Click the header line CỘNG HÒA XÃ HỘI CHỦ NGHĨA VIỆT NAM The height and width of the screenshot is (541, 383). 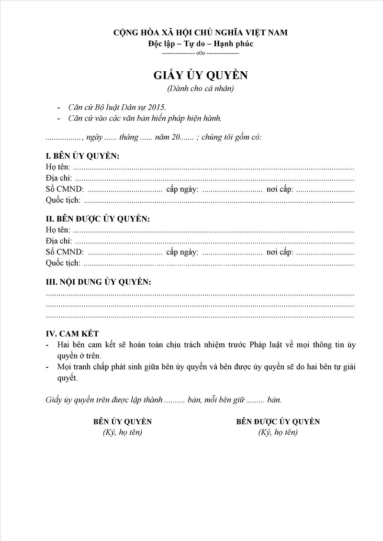pos(201,33)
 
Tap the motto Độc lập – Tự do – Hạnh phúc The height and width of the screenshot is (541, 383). pos(201,44)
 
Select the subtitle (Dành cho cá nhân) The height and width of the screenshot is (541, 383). pos(201,88)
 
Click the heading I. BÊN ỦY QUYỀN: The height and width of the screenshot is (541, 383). pos(82,156)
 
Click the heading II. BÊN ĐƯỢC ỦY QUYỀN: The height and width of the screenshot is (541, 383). pos(98,219)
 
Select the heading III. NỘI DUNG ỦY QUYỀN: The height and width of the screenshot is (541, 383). pos(98,282)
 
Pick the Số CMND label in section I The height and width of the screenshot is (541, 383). pos(65,189)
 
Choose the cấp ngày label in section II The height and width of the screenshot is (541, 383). pos(182,252)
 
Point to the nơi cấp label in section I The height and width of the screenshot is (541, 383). pos(280,189)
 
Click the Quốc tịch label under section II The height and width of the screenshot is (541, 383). pos(63,263)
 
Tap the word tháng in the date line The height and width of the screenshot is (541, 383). pos(129,137)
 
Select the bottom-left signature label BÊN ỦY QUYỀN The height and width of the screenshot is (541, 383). pos(123,421)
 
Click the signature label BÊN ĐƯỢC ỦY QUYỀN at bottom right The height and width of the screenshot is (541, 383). pos(278,421)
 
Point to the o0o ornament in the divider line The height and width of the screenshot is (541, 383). pos(201,53)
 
